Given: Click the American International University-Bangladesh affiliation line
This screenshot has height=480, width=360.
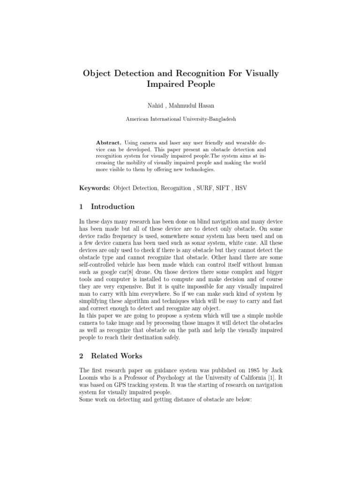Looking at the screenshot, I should (180, 119).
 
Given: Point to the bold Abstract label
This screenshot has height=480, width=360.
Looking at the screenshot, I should (109, 142).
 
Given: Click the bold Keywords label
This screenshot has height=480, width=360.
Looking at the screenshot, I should (94, 187).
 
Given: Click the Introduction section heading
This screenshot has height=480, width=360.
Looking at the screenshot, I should (112, 207).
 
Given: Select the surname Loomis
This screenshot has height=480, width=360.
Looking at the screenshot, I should (90, 377).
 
